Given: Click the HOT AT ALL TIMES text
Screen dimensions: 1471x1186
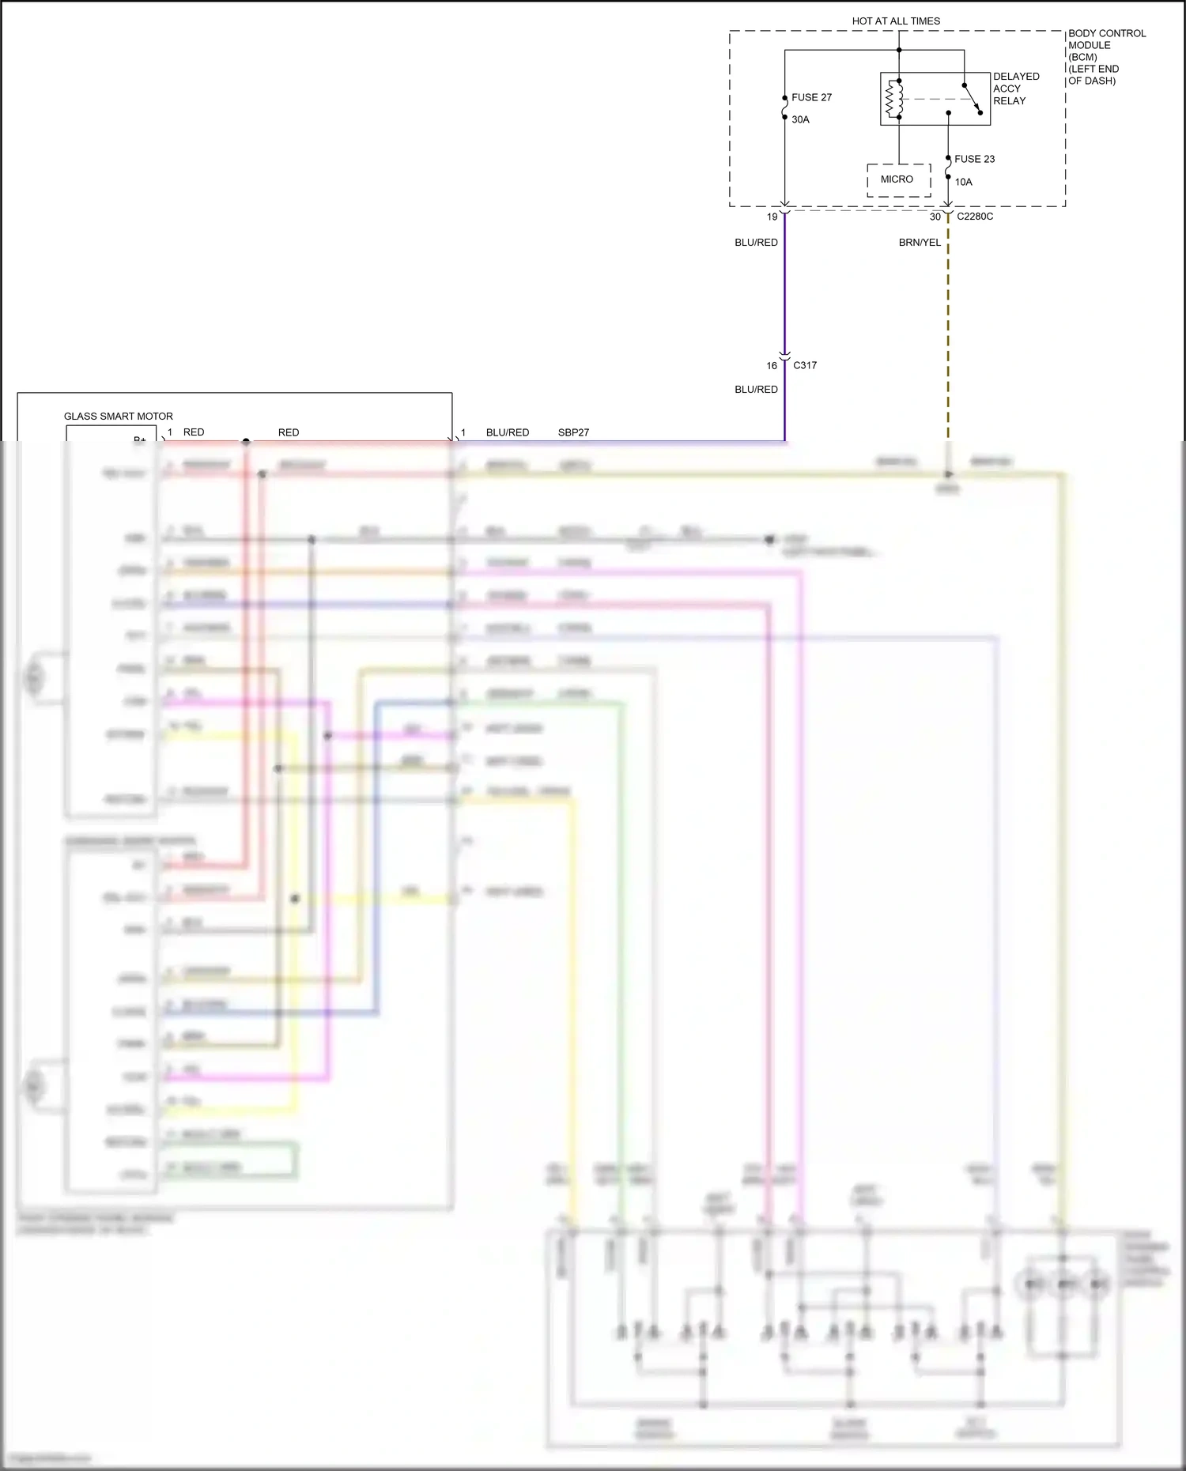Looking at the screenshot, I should [x=896, y=21].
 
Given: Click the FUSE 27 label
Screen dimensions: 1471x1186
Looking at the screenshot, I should [x=811, y=97].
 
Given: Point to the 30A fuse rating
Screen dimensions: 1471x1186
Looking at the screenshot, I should [x=800, y=119].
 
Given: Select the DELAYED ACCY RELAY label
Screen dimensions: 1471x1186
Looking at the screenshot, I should [x=1015, y=89].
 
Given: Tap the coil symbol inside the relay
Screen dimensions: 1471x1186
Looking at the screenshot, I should [x=893, y=99].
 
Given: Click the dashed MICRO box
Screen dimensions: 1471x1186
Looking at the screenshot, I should [x=898, y=180].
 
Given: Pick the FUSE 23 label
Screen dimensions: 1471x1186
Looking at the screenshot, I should [x=974, y=159].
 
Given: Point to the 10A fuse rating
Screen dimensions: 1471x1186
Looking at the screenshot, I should [x=963, y=182].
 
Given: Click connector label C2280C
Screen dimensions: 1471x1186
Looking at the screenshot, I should [x=975, y=217].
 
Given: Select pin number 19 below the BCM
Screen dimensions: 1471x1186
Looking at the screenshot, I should [x=772, y=217].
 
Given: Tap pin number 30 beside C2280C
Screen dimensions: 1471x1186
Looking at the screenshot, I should [x=935, y=217].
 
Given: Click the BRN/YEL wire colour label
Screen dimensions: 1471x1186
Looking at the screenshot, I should [x=920, y=243].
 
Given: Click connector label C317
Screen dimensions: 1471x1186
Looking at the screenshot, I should [x=805, y=365].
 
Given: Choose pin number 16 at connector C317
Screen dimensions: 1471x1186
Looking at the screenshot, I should [x=772, y=366].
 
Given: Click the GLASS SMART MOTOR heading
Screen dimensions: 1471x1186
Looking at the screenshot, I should [x=119, y=417].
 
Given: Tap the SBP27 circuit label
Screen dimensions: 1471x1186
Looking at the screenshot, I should [x=573, y=432].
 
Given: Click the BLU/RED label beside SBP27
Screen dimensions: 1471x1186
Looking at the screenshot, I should [x=508, y=432].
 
